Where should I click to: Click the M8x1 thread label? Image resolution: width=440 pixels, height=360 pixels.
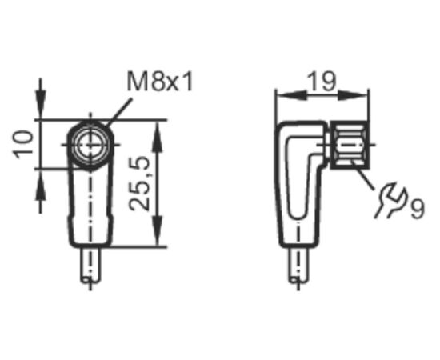click(160, 82)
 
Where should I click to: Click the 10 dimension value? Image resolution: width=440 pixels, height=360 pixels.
click(23, 145)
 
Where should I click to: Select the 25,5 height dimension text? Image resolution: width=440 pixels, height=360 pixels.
click(139, 184)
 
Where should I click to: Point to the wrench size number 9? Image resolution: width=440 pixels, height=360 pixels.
click(418, 209)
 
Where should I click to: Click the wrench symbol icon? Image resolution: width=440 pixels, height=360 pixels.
click(390, 200)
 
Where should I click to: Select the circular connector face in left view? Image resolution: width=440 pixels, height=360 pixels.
click(90, 145)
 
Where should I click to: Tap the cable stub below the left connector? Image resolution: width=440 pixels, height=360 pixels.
click(90, 265)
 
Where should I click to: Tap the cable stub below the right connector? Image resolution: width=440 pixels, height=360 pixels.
click(298, 265)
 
